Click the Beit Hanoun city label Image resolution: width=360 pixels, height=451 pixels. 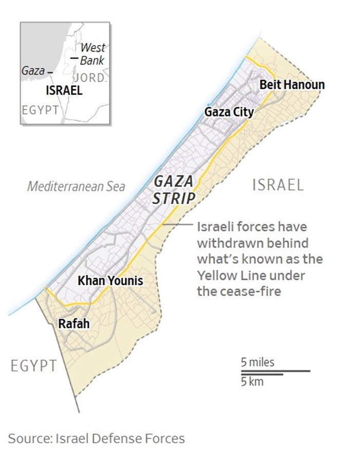pyautogui.click(x=292, y=85)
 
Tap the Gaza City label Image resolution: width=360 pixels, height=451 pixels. pyautogui.click(x=229, y=111)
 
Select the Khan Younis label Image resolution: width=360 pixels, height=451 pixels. pyautogui.click(x=110, y=281)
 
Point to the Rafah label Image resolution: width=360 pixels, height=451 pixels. pyautogui.click(x=74, y=324)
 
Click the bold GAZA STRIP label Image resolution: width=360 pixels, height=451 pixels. pyautogui.click(x=173, y=189)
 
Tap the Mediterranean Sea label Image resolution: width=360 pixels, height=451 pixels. pyautogui.click(x=76, y=186)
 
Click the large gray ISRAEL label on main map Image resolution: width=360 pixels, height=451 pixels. pyautogui.click(x=278, y=185)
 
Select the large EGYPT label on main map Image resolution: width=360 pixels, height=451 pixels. pyautogui.click(x=34, y=366)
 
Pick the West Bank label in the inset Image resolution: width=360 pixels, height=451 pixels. pyautogui.click(x=93, y=54)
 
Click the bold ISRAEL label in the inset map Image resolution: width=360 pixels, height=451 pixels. pyautogui.click(x=64, y=91)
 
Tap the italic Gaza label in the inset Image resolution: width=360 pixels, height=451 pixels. pyautogui.click(x=33, y=71)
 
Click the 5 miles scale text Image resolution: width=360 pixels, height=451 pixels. pyautogui.click(x=258, y=362)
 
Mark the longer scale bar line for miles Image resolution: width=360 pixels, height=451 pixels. pyautogui.click(x=275, y=370)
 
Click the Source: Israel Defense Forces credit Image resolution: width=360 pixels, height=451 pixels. pyautogui.click(x=96, y=439)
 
